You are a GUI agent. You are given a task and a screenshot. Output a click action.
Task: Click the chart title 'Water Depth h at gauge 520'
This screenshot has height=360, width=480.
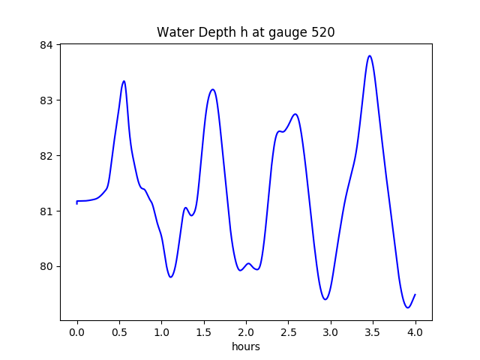245,32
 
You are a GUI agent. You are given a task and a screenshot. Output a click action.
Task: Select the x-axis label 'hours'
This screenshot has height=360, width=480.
246,346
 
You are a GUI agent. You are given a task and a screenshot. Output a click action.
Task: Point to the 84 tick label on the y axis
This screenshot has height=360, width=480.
47,45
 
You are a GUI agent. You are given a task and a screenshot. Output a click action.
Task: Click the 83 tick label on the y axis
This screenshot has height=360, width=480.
47,100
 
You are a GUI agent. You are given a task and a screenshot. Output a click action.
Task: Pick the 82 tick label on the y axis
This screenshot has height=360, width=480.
47,156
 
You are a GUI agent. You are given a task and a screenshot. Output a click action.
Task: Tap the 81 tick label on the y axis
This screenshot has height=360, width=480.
47,211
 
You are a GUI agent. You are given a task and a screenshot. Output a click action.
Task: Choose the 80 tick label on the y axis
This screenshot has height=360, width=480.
47,267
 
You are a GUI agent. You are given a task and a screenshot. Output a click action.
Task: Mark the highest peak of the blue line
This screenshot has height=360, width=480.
370,55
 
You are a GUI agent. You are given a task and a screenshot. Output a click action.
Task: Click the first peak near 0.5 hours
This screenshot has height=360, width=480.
124,81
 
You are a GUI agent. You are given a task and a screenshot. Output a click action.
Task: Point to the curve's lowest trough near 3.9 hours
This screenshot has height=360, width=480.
407,307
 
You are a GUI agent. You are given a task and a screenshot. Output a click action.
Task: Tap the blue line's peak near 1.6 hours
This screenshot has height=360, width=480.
213,89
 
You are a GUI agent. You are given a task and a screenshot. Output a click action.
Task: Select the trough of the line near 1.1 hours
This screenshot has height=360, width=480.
171,277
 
